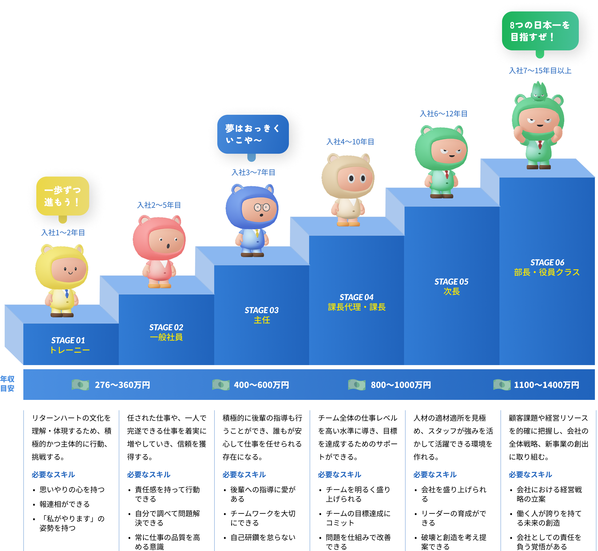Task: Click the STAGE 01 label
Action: pyautogui.click(x=68, y=340)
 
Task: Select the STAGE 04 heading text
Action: pyautogui.click(x=357, y=297)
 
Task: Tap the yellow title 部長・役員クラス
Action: pyautogui.click(x=547, y=272)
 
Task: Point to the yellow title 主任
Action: pyautogui.click(x=262, y=320)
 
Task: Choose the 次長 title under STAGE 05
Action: pyautogui.click(x=451, y=291)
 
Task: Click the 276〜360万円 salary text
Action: pyautogui.click(x=122, y=385)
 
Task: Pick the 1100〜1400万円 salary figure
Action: pyautogui.click(x=546, y=385)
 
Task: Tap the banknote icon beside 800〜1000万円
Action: pyautogui.click(x=357, y=385)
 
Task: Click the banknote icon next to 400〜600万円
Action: pyautogui.click(x=221, y=385)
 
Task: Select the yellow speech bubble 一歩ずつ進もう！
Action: pyautogui.click(x=62, y=196)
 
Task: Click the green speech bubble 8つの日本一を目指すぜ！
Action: pyautogui.click(x=540, y=31)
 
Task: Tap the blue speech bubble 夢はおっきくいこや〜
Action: pyautogui.click(x=253, y=134)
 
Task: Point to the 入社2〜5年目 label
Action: pyautogui.click(x=159, y=205)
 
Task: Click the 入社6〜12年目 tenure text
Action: pyautogui.click(x=443, y=113)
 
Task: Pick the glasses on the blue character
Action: pyautogui.click(x=262, y=207)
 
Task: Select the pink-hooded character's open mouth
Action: pyautogui.click(x=168, y=246)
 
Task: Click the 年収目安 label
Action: pyautogui.click(x=8, y=384)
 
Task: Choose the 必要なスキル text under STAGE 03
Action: pyautogui.click(x=244, y=474)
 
